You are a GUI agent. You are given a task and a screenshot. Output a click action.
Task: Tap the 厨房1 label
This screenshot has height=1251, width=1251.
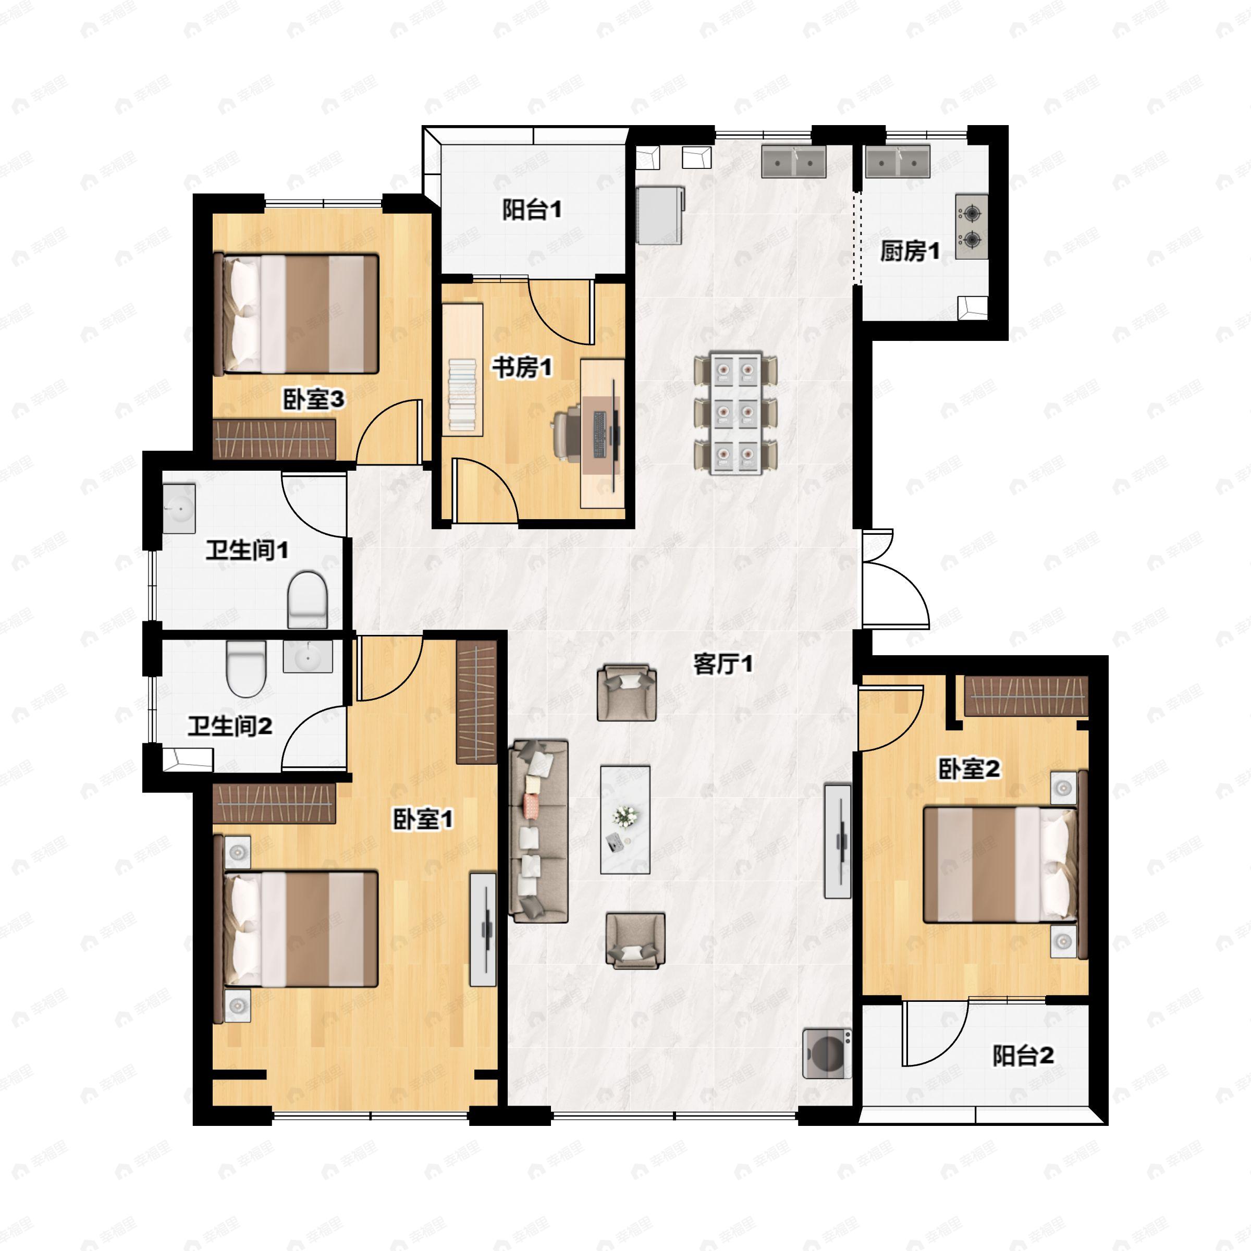(909, 251)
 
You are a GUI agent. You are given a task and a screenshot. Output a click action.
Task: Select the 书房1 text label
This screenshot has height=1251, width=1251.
(522, 368)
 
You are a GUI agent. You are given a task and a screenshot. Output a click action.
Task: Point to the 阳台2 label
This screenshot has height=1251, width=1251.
(1024, 1056)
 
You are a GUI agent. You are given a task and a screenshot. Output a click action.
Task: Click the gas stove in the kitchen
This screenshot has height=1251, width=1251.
(971, 227)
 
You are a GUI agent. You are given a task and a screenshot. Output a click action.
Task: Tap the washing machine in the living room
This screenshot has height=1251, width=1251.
(827, 1053)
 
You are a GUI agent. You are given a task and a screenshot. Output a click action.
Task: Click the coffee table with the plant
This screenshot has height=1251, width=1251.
(625, 819)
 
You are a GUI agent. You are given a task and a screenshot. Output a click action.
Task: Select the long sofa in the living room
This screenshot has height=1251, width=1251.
(539, 831)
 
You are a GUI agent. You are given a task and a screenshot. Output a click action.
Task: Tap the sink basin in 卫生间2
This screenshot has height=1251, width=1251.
(308, 657)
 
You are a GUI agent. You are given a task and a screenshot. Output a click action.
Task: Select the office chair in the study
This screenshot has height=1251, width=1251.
(567, 430)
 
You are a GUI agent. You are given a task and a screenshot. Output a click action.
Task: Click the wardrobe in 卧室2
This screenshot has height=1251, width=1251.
(1026, 695)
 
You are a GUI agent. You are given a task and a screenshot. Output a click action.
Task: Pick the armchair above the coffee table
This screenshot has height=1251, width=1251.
(626, 692)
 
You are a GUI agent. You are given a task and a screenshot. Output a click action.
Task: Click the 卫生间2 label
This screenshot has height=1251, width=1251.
(230, 726)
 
